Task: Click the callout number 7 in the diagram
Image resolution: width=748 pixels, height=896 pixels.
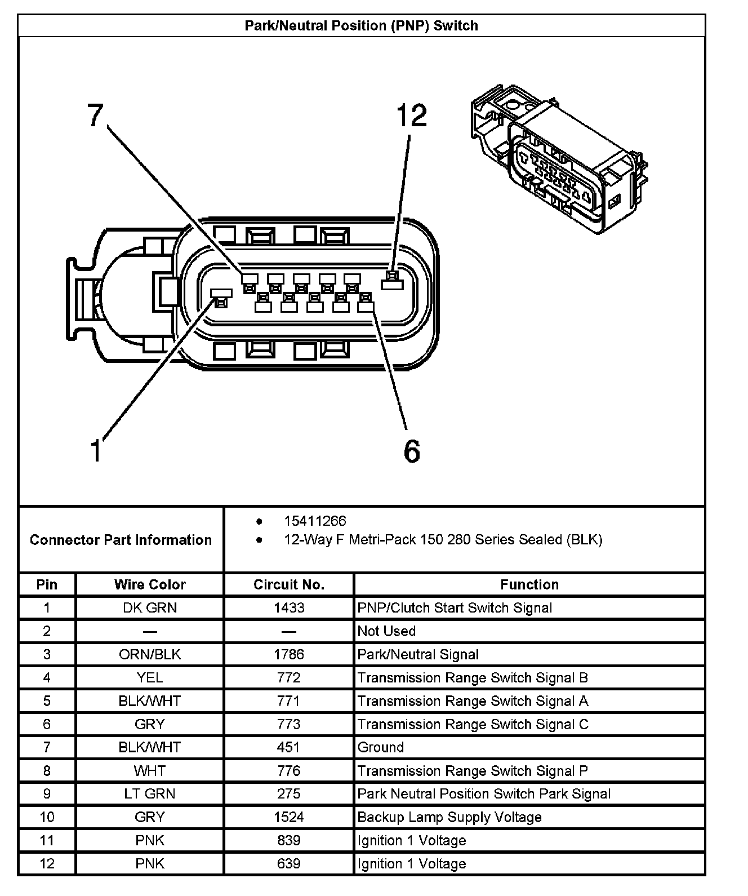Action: click(95, 116)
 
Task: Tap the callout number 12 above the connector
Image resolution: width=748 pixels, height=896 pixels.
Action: click(412, 116)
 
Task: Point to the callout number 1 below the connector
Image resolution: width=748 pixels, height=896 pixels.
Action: click(96, 451)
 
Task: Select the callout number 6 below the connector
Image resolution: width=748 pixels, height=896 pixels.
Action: click(412, 451)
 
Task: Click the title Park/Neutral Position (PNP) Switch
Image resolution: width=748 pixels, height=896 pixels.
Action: click(361, 26)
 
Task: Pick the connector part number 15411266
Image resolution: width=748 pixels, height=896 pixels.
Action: click(315, 521)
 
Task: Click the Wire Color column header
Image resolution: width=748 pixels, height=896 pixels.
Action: click(150, 585)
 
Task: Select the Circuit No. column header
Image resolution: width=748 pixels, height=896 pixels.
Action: click(289, 585)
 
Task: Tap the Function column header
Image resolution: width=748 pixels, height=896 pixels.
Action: click(529, 585)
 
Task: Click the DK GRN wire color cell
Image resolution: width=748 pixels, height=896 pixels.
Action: click(150, 608)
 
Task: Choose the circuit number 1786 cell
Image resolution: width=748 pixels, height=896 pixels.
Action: click(289, 654)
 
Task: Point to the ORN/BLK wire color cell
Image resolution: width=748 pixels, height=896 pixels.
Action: click(150, 654)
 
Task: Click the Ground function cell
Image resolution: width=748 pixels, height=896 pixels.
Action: click(381, 748)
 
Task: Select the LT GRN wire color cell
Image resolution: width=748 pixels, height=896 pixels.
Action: click(150, 794)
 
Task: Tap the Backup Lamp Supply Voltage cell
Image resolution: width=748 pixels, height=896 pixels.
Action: click(449, 817)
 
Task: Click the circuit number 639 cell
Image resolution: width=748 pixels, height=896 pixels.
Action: click(289, 864)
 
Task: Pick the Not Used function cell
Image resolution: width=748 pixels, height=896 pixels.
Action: click(386, 631)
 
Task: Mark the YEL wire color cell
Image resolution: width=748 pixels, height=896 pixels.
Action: click(150, 678)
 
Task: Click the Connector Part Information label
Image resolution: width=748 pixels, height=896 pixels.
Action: click(121, 540)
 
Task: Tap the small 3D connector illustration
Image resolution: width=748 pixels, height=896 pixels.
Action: click(558, 161)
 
